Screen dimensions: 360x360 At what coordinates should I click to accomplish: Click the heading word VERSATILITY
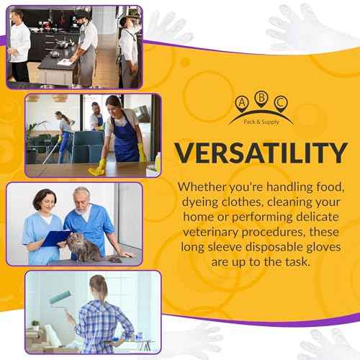258,153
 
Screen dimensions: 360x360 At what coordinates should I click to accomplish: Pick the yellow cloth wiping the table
96,170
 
